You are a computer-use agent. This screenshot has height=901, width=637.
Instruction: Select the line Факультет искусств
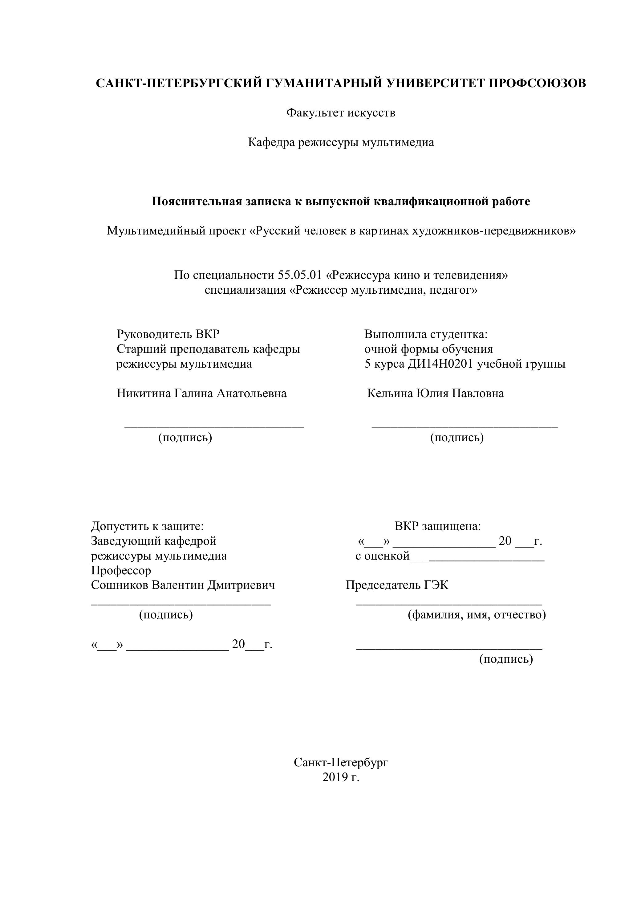340,113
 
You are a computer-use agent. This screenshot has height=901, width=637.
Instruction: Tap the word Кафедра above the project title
271,142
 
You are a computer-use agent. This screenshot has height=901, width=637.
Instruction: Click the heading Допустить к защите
147,526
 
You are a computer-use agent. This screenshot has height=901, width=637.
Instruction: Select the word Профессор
121,570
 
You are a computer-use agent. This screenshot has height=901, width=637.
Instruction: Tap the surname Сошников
120,585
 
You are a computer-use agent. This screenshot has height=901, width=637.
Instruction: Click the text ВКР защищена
437,526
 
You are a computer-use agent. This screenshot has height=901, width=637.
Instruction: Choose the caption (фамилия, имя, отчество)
477,614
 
